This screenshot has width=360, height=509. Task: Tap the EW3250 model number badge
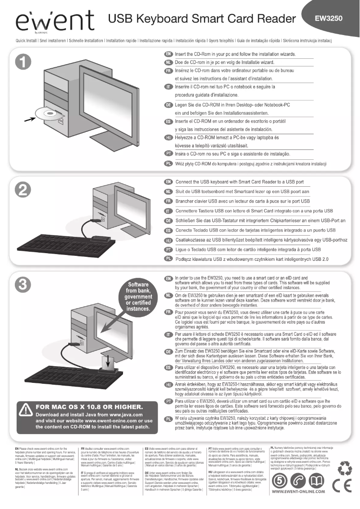pos(329,19)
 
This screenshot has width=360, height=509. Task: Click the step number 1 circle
pos(23,65)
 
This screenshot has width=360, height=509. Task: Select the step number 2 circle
pos(23,191)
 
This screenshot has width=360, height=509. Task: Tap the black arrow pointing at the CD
pos(29,119)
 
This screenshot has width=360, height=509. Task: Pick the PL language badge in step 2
pos(169,259)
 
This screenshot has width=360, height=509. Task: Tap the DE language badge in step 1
pos(169,105)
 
